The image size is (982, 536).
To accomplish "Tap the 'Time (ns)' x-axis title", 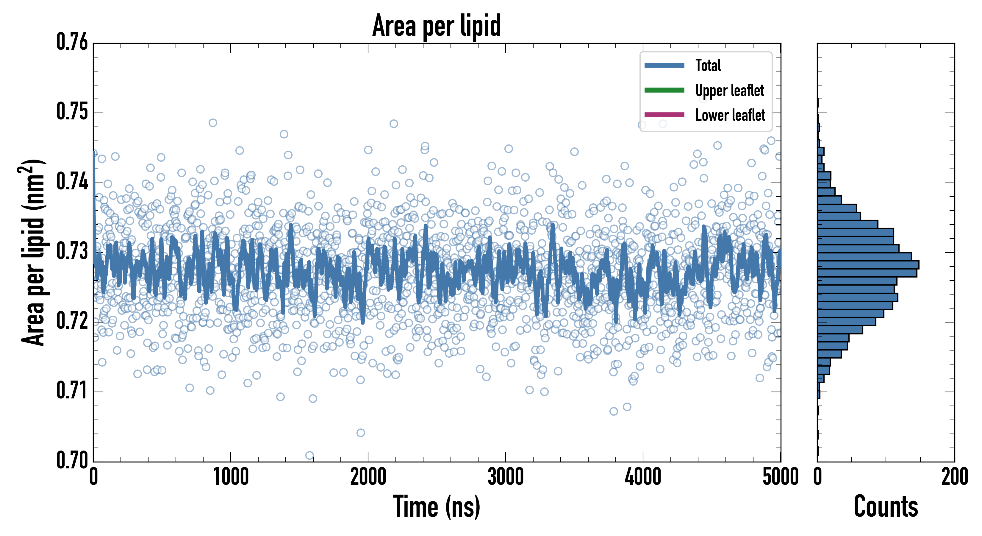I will click(x=437, y=507).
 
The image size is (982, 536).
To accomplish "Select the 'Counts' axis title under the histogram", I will click(x=886, y=507).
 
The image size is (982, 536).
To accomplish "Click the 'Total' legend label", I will click(x=708, y=65).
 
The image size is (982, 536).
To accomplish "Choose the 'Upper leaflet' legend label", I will click(x=730, y=91).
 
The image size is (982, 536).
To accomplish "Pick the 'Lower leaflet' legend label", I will click(x=730, y=115).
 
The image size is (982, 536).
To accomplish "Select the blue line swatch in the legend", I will click(x=664, y=66).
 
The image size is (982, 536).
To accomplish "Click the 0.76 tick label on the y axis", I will click(x=72, y=42).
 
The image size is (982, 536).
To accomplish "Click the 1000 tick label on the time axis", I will click(x=231, y=477).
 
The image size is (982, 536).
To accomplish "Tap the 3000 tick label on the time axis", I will click(x=506, y=477).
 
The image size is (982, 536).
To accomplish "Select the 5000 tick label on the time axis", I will click(x=780, y=477).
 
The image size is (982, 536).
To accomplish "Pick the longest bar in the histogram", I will click(x=868, y=265).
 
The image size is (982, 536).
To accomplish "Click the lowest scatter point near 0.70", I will click(x=309, y=456).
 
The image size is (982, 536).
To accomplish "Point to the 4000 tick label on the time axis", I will click(x=643, y=477).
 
